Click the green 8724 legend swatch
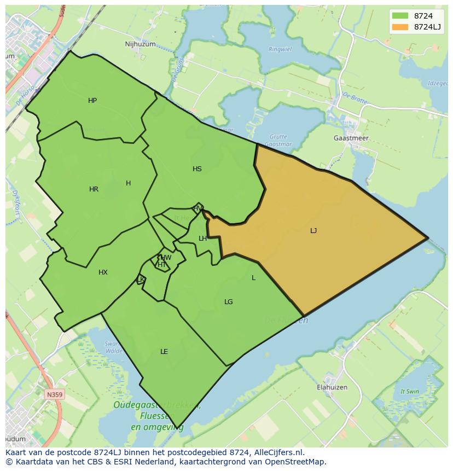(x=399, y=16)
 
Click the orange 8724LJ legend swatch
(x=399, y=27)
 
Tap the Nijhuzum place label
(x=140, y=44)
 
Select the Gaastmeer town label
(x=351, y=138)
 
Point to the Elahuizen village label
(x=332, y=387)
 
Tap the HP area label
(x=92, y=101)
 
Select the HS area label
(x=197, y=169)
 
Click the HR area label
(x=94, y=189)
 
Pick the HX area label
(x=103, y=272)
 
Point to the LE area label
(x=164, y=352)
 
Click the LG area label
(x=228, y=302)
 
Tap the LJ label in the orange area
(x=313, y=231)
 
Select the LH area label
(x=202, y=239)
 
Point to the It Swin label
(x=409, y=392)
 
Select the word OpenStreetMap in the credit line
(x=298, y=462)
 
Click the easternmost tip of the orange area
(x=427, y=239)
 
